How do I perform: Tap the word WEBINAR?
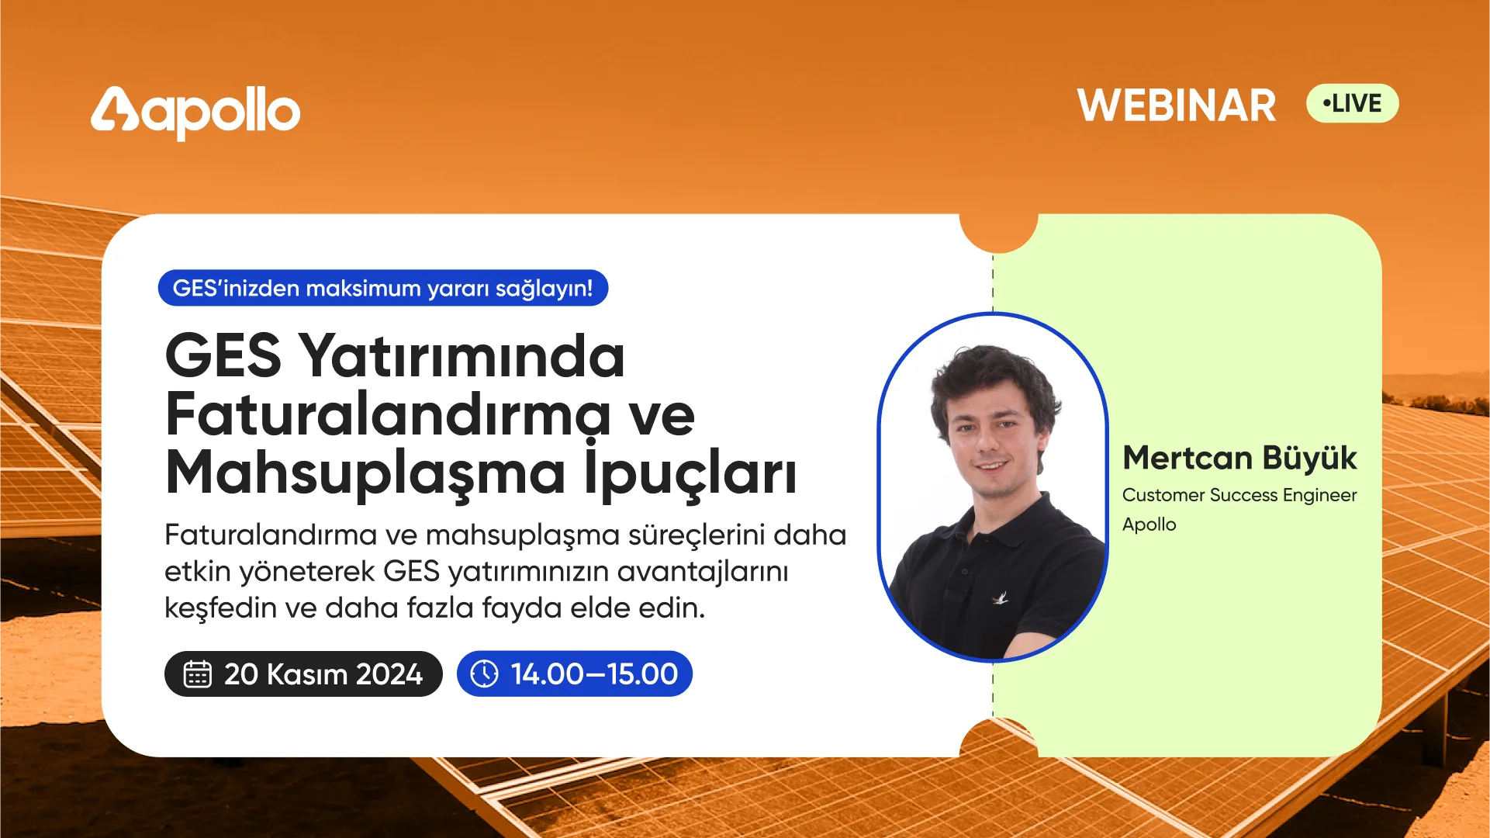click(1176, 106)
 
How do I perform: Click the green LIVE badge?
click(1352, 103)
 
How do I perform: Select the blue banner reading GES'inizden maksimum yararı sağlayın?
click(383, 288)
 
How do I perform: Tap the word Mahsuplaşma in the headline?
click(365, 474)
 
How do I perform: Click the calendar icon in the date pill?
click(197, 674)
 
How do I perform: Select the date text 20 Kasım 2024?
click(323, 674)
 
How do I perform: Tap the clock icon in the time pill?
click(485, 674)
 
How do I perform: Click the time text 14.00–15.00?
click(594, 674)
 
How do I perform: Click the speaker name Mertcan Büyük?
click(1239, 458)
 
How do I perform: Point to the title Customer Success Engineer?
click(1239, 495)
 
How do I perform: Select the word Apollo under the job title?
click(1149, 525)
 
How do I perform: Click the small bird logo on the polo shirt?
click(1001, 597)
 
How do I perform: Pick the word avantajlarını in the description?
click(703, 572)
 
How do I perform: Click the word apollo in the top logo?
click(221, 113)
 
